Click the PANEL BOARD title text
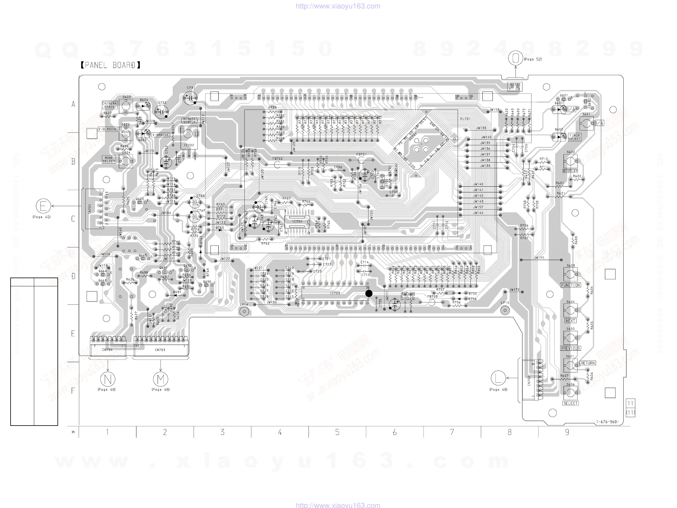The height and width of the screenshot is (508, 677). (x=110, y=65)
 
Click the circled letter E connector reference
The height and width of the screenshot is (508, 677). (x=43, y=206)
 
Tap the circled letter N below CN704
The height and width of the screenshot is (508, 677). (x=108, y=379)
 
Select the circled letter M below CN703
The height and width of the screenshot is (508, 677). (x=161, y=379)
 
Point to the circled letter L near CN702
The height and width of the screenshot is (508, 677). (x=498, y=378)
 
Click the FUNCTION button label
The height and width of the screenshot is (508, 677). (x=571, y=285)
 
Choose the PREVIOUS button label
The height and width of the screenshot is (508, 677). (x=571, y=348)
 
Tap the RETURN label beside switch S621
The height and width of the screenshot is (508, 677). (x=588, y=363)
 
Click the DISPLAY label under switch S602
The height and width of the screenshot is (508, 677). (x=570, y=171)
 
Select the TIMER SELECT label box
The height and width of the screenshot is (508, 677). (x=574, y=137)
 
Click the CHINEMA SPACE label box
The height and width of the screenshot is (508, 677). (x=109, y=105)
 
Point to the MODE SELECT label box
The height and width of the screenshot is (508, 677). (x=109, y=159)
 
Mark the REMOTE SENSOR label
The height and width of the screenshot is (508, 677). (x=189, y=121)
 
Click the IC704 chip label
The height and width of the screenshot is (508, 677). (x=297, y=221)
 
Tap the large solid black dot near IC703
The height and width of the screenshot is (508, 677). (x=369, y=294)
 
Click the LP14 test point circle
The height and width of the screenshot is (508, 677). (x=244, y=312)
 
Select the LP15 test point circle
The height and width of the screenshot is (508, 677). (x=505, y=310)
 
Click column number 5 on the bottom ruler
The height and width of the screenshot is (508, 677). (x=337, y=432)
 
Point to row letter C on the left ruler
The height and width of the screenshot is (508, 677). (x=73, y=219)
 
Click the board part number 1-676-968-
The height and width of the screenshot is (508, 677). (x=607, y=422)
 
